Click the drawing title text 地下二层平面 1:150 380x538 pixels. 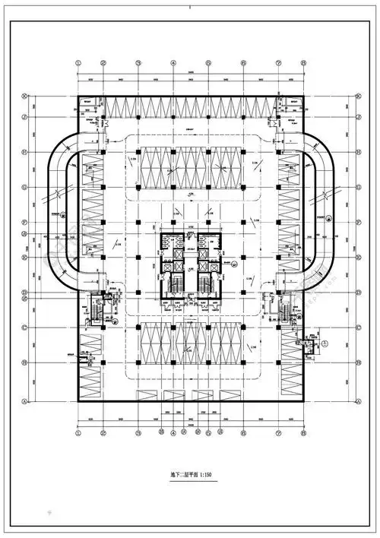[190, 475]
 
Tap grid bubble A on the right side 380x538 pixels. [357, 400]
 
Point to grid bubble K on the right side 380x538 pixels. [357, 97]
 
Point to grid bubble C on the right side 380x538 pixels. [357, 328]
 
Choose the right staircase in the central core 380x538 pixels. [206, 285]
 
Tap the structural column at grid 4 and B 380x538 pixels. [173, 364]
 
